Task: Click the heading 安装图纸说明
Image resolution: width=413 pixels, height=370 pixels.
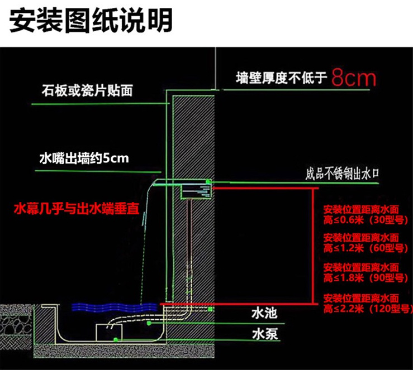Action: (x=91, y=21)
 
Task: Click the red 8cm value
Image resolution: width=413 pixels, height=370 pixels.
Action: (x=354, y=78)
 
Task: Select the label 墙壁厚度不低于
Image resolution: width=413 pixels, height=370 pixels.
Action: (x=281, y=78)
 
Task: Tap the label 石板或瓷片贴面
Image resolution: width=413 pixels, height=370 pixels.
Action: (x=87, y=90)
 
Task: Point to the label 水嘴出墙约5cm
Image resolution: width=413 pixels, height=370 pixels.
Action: (x=84, y=158)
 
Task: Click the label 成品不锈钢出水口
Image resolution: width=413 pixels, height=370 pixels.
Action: (x=342, y=174)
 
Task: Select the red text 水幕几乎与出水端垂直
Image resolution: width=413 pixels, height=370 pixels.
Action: (x=77, y=209)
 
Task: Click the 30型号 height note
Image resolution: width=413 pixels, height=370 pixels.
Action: (x=366, y=215)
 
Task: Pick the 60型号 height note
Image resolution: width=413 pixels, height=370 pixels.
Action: (x=366, y=243)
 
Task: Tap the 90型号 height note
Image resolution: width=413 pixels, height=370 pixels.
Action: (x=366, y=273)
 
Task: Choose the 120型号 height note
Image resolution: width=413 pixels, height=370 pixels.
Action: (x=368, y=304)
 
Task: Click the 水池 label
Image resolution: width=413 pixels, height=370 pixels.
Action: (x=264, y=313)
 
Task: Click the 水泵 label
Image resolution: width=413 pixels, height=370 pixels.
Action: (x=265, y=334)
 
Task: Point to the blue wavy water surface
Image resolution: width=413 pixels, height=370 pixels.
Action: (x=115, y=307)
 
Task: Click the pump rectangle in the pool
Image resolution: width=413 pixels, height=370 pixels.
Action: (x=109, y=333)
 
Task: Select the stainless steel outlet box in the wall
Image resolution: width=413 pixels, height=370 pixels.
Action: (x=196, y=192)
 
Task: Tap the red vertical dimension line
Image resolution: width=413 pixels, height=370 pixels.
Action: (x=313, y=246)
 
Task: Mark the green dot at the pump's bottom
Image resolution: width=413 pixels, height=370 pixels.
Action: (x=115, y=340)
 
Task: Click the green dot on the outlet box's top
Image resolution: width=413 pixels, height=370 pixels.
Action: (x=208, y=181)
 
